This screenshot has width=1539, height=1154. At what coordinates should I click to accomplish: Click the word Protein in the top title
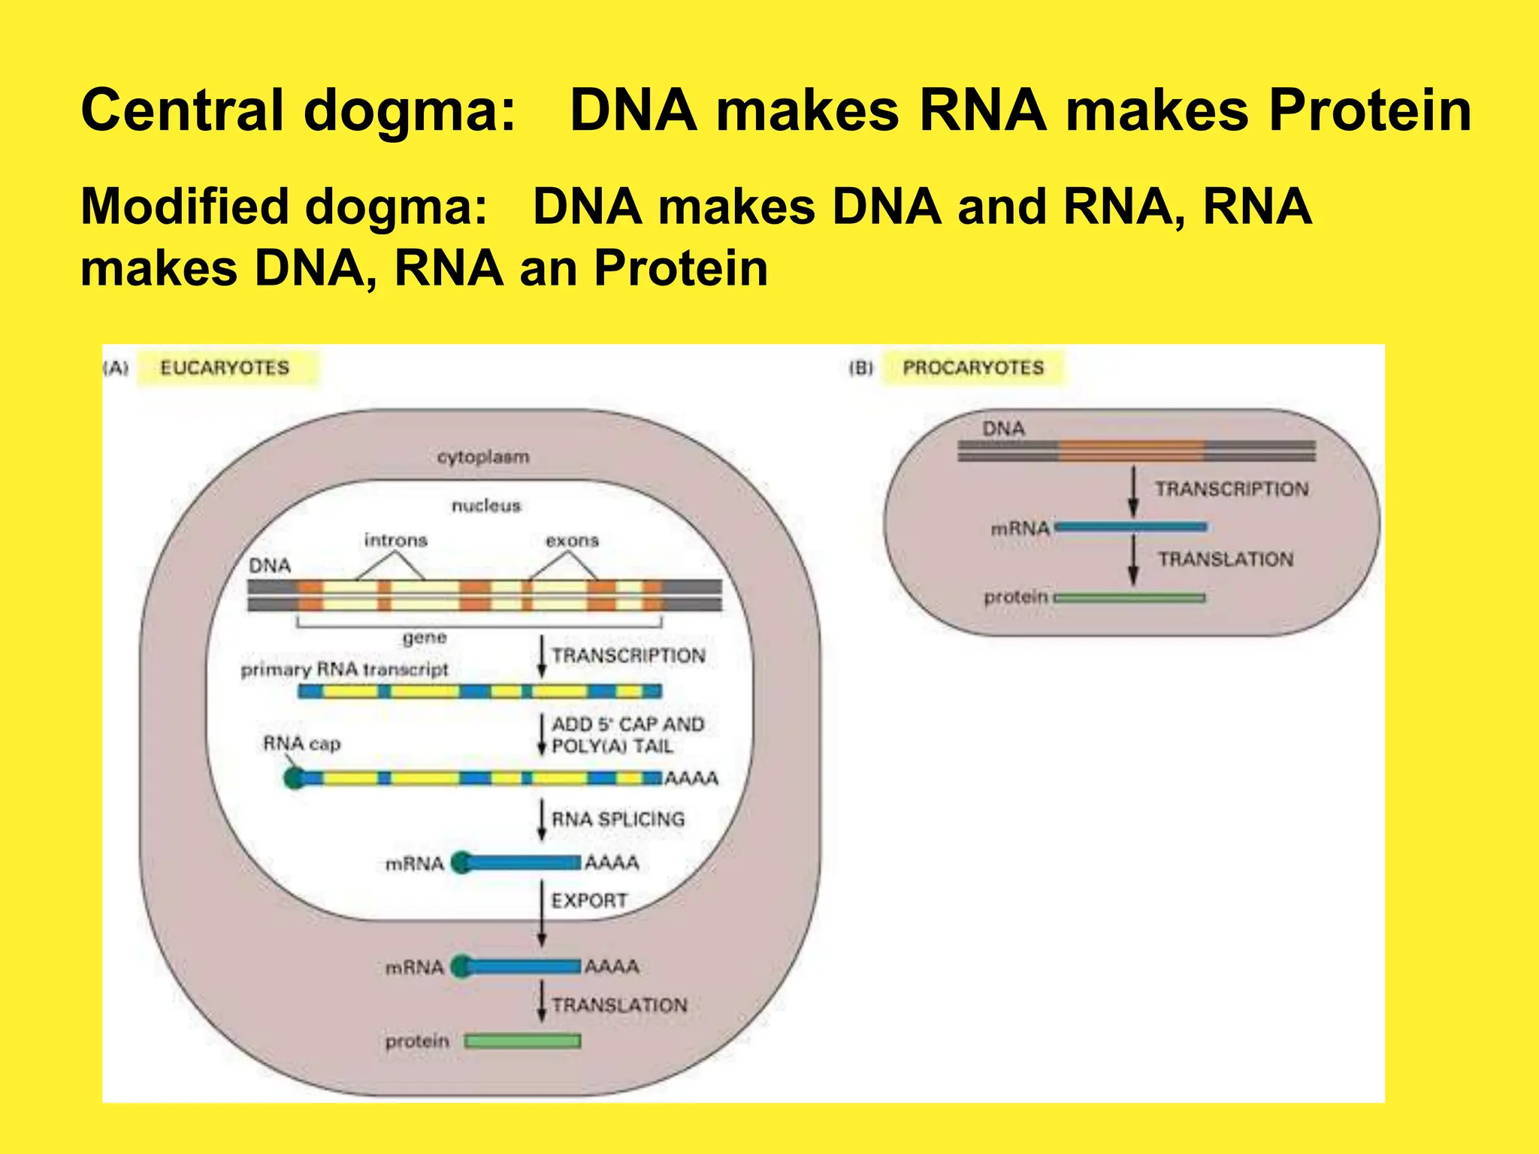[1369, 111]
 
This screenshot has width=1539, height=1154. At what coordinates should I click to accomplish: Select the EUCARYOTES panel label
[225, 368]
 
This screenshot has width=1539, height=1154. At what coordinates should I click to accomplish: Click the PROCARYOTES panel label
[973, 368]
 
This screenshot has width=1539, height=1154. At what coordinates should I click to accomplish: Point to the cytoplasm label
[483, 457]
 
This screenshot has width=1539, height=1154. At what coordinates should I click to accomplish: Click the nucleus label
[486, 506]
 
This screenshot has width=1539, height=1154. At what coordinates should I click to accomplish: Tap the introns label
[395, 540]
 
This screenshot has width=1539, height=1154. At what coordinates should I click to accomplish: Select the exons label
[572, 540]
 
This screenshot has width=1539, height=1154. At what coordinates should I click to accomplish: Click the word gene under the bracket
[425, 638]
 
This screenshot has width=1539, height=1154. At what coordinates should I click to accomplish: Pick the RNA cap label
[301, 744]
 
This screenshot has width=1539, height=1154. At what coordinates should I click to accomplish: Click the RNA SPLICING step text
[618, 819]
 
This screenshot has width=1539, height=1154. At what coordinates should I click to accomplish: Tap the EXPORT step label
[589, 900]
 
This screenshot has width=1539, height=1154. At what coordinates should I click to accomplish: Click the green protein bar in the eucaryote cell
[522, 1041]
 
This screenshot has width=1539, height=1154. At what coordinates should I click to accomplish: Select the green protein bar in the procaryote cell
[1129, 599]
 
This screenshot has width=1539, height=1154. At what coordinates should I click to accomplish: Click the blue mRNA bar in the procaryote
[1131, 527]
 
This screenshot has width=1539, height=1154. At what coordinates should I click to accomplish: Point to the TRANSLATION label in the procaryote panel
[1225, 560]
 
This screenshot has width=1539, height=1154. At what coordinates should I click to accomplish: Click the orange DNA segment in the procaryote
[1131, 452]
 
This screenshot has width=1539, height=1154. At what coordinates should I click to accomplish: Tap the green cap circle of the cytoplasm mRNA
[461, 966]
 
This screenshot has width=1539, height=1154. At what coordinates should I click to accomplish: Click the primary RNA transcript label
[344, 669]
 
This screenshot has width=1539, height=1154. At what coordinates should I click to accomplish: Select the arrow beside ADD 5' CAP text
[542, 734]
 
